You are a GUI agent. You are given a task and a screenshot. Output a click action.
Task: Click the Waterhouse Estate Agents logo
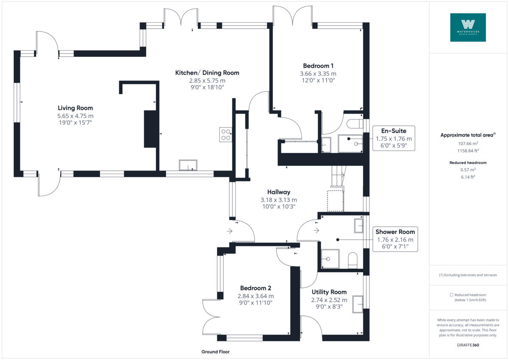point(468,27)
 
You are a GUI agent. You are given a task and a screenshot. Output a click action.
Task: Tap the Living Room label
point(75,108)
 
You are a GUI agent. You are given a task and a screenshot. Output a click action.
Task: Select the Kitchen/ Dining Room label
point(207,73)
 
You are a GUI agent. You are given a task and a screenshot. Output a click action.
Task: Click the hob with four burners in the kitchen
point(225,134)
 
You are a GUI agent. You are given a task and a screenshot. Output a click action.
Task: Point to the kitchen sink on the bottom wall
point(188,165)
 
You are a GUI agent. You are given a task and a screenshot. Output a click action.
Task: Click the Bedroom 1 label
point(318,66)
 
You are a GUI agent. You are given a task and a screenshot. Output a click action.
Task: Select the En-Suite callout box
point(394,138)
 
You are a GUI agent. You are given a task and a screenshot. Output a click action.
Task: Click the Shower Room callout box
point(395,239)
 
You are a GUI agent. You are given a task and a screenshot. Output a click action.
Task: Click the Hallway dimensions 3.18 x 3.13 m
point(279,200)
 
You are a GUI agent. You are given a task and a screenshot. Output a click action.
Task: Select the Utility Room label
point(329,292)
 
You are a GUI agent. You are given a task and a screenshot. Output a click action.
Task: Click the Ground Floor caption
point(215,352)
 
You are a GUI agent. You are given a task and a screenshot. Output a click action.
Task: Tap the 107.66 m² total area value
point(468,143)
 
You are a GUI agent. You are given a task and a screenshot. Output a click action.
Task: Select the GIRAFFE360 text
point(468,345)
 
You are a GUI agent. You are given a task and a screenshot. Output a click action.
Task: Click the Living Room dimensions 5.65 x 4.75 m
point(75,116)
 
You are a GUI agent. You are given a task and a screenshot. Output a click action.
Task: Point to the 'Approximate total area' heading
point(467,135)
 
